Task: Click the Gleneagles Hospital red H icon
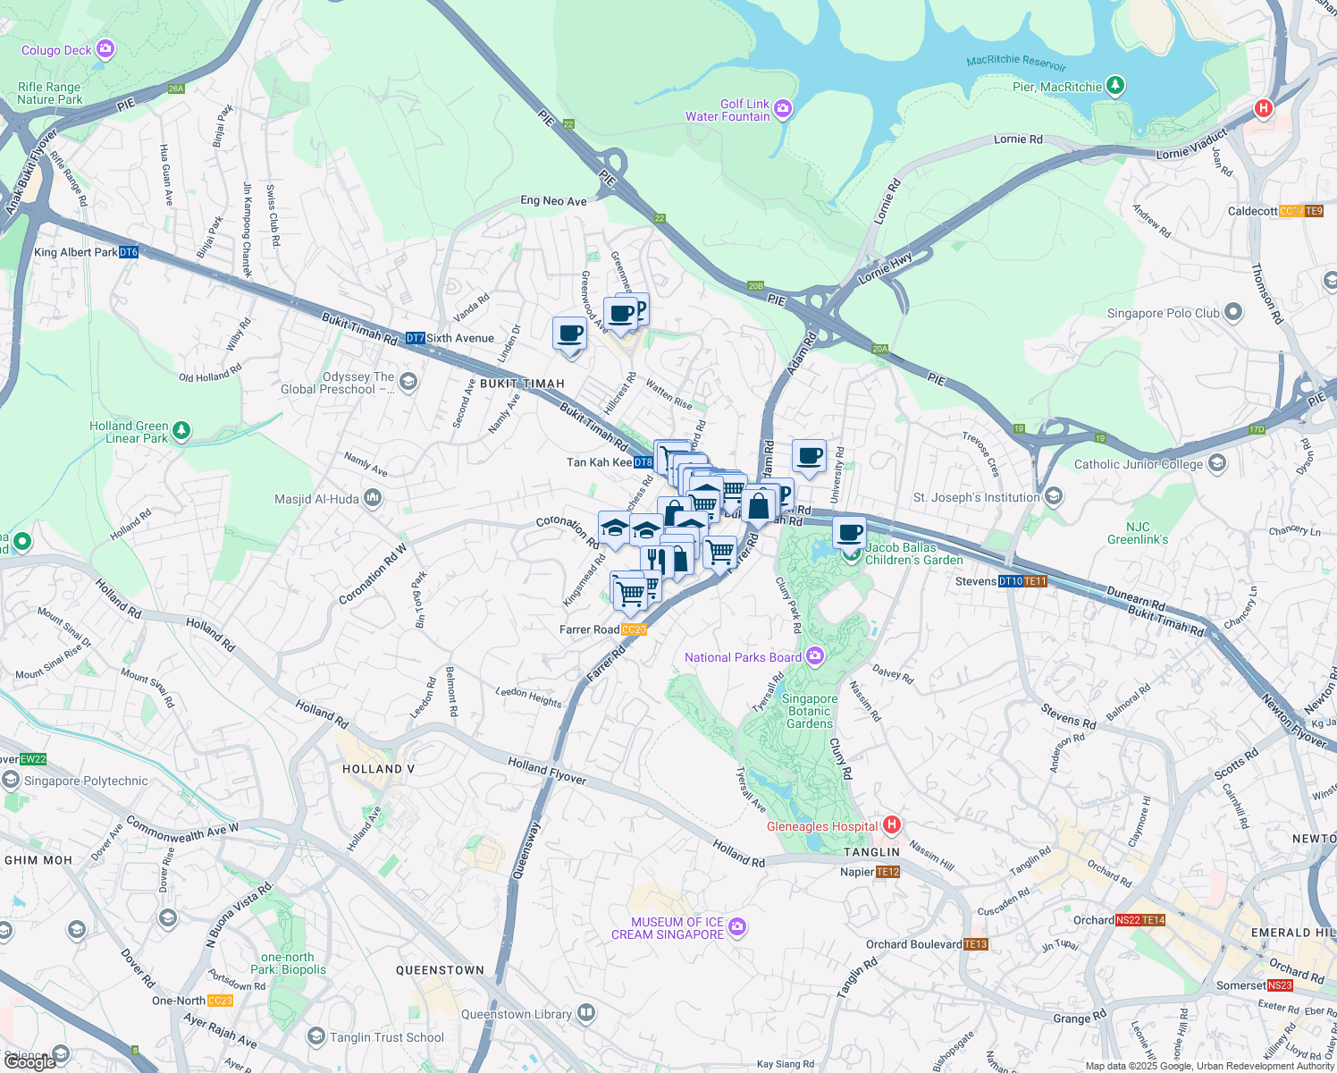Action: [891, 824]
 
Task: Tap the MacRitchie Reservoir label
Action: [1016, 62]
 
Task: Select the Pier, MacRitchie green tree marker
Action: [1114, 86]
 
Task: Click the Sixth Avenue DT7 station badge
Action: [415, 338]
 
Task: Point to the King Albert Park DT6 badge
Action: [129, 252]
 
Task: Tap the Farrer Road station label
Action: [589, 629]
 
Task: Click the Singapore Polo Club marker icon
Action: [1233, 312]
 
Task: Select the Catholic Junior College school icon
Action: [1216, 463]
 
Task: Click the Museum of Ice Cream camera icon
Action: [737, 927]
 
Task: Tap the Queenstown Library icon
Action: [586, 1013]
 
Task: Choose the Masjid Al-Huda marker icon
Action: [373, 498]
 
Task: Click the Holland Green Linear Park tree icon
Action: [181, 431]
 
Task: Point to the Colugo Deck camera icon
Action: [105, 49]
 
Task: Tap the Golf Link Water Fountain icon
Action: [783, 109]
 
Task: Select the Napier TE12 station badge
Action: [887, 872]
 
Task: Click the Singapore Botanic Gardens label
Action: [810, 711]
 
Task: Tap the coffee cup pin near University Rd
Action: [810, 457]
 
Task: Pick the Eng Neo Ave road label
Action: [553, 201]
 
